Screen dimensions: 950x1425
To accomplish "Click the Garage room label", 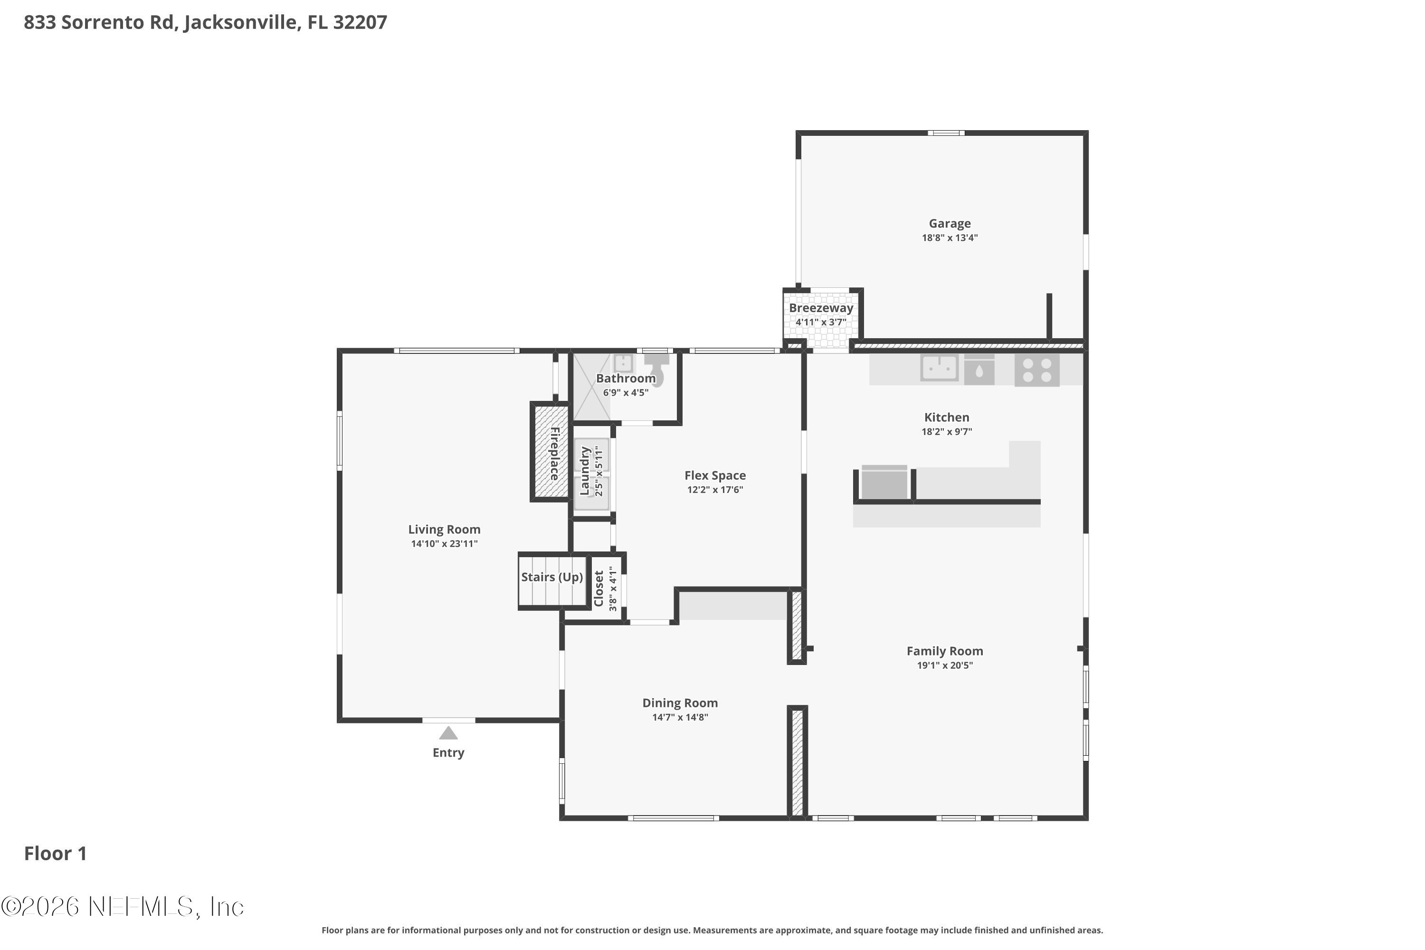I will point(950,224).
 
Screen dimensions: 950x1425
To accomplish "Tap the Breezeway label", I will point(820,308).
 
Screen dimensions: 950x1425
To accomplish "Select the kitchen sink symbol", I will point(939,367).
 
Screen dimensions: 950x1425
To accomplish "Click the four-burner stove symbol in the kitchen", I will point(1036,370).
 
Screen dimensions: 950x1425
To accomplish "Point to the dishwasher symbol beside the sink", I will point(978,370).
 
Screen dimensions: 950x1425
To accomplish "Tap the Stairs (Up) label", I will point(551,577).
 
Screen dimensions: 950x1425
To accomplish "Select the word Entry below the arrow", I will point(448,752).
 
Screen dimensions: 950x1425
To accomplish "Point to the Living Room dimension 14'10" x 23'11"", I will point(444,544).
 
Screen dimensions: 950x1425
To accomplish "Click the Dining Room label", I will point(680,703).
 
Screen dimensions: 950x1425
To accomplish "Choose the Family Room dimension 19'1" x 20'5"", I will point(945,665).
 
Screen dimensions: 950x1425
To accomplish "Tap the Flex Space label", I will point(715,475).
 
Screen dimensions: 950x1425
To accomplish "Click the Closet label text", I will point(598,589).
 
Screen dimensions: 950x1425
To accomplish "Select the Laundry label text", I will point(585,471).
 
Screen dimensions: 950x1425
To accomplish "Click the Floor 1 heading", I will point(55,853).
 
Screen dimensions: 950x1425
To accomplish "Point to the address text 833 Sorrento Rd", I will point(99,22).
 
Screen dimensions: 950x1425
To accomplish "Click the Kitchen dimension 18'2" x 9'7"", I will point(946,432).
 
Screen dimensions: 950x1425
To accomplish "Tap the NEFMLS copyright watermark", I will point(123,907).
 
